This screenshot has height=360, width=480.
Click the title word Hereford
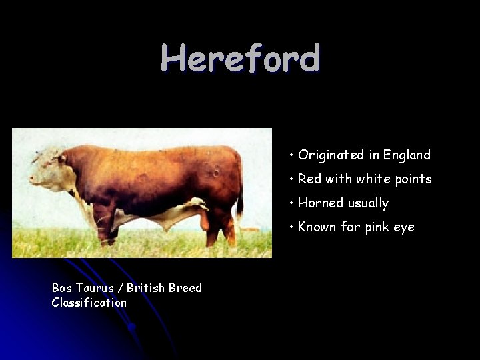pos(240,59)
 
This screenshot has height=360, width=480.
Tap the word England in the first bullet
pos(407,155)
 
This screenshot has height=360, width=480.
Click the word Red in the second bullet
pos(309,179)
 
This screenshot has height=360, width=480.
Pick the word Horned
pos(319,203)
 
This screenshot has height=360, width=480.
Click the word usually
pos(367,204)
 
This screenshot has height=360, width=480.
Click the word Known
pos(317,227)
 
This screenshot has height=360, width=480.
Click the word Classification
pos(89,303)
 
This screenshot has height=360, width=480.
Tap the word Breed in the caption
pos(185,288)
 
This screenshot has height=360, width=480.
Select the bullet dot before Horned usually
pos(292,203)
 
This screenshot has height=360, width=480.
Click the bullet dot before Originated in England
pos(292,156)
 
